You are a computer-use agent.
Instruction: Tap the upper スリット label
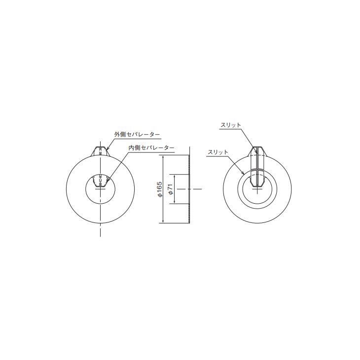(230, 125)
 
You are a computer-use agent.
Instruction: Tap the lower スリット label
(218, 152)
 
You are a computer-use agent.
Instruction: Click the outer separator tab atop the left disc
(100, 150)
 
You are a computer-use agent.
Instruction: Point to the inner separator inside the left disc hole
(100, 181)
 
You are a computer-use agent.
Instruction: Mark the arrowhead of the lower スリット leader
(245, 174)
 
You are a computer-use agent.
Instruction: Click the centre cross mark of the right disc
(256, 189)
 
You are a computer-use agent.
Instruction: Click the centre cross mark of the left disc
(100, 189)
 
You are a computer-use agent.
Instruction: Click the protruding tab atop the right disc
(256, 150)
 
